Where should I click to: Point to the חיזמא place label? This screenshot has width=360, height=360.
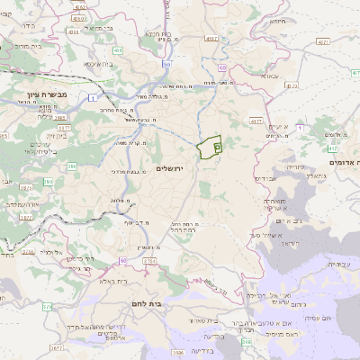[277, 21]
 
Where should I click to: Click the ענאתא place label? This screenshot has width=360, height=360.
[271, 77]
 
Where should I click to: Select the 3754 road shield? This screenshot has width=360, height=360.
[149, 261]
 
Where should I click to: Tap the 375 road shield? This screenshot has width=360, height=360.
[46, 306]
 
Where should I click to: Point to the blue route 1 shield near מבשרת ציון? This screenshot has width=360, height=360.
[93, 96]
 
